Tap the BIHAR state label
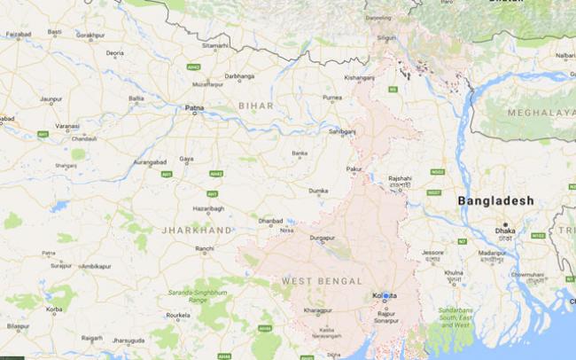(255, 106)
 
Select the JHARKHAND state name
(196, 229)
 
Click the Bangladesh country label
(495, 201)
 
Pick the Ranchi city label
(205, 248)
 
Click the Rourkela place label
(182, 315)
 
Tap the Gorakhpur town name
(91, 35)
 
